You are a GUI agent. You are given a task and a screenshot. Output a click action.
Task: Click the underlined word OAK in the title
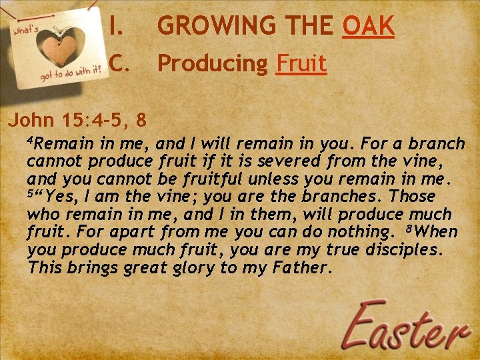pyautogui.click(x=369, y=26)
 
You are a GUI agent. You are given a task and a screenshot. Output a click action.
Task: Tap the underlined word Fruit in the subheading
pyautogui.click(x=301, y=64)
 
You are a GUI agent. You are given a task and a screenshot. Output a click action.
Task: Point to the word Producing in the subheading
pyautogui.click(x=212, y=64)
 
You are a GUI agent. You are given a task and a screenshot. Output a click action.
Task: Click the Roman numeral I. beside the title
pyautogui.click(x=117, y=26)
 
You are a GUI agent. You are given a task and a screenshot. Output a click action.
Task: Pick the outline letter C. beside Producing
pyautogui.click(x=117, y=64)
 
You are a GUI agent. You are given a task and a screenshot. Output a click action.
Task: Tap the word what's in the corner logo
pyautogui.click(x=27, y=31)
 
